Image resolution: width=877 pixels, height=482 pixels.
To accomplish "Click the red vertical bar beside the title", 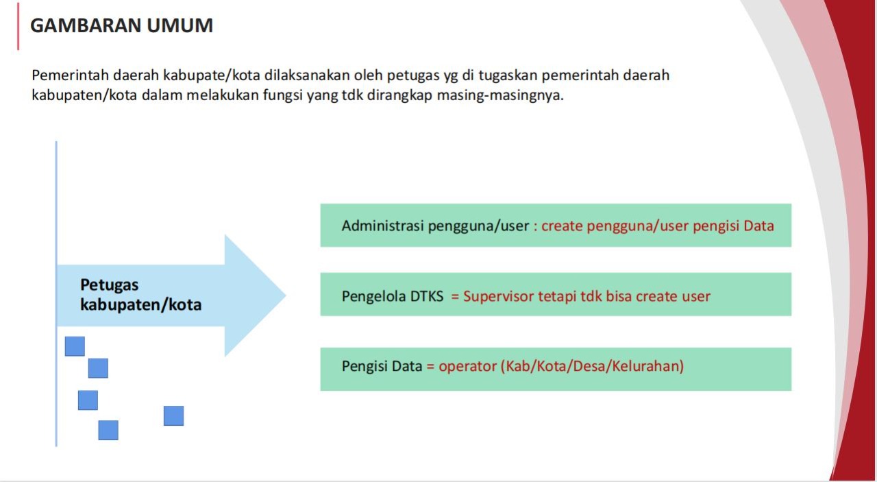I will (x=18, y=26).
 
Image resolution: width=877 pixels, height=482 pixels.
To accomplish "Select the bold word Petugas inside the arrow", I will (x=110, y=285).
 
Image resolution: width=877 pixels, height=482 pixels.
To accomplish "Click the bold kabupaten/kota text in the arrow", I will (x=140, y=304).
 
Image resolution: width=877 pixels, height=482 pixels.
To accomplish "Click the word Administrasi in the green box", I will (x=383, y=226).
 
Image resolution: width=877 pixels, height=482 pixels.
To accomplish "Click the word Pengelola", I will (x=374, y=296).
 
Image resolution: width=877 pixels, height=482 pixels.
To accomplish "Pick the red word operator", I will (x=467, y=366).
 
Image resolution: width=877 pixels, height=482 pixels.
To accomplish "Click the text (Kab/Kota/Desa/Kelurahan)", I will (x=593, y=366).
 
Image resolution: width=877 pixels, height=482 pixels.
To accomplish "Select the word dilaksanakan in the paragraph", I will (x=303, y=75).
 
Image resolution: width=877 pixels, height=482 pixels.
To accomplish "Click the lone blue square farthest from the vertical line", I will (x=173, y=415).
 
